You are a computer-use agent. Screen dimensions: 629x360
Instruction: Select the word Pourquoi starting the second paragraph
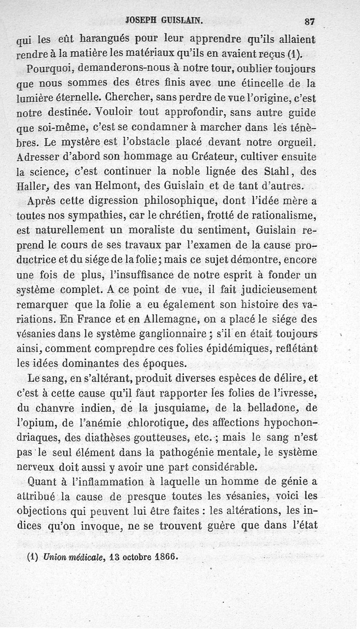click(x=48, y=70)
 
